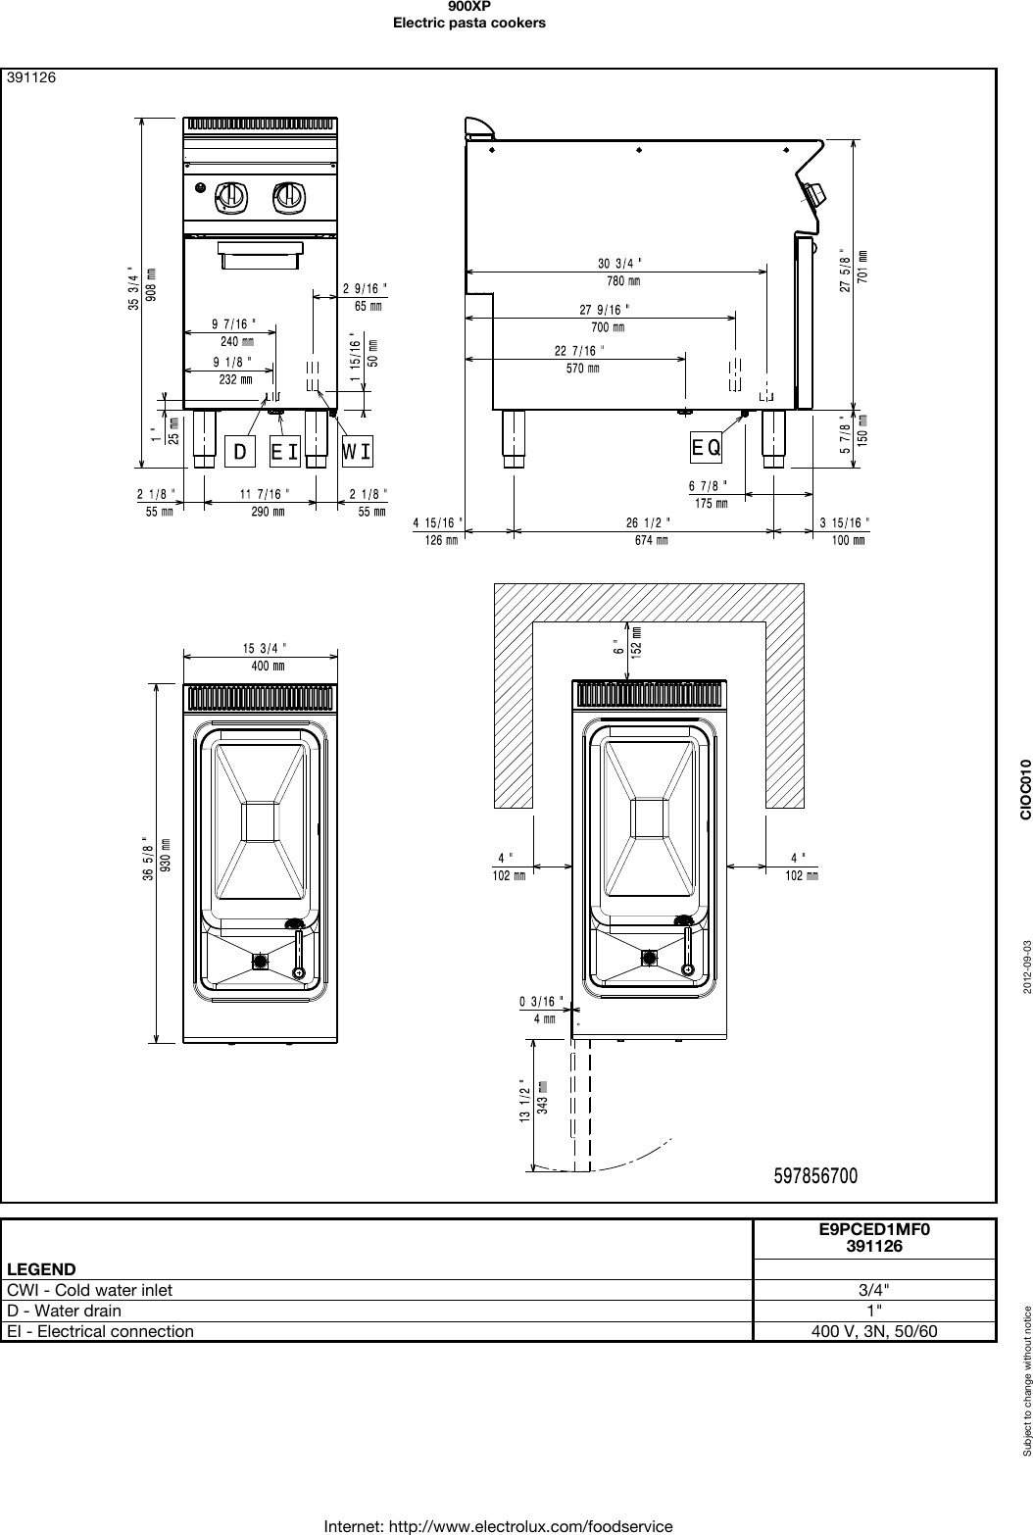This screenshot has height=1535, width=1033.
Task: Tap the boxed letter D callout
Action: pyautogui.click(x=240, y=451)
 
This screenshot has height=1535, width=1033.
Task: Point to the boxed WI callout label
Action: pyautogui.click(x=357, y=451)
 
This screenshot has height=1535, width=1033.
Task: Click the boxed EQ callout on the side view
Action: pyautogui.click(x=707, y=447)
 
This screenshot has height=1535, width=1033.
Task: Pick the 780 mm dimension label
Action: pyautogui.click(x=622, y=281)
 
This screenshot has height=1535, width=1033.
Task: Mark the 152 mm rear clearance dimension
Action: pyautogui.click(x=636, y=642)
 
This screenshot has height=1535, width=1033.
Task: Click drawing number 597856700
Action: pyautogui.click(x=815, y=1175)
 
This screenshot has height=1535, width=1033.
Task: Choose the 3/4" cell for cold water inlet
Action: pyautogui.click(x=874, y=1290)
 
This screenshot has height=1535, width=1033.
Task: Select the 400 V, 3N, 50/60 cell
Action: pyautogui.click(x=874, y=1331)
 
